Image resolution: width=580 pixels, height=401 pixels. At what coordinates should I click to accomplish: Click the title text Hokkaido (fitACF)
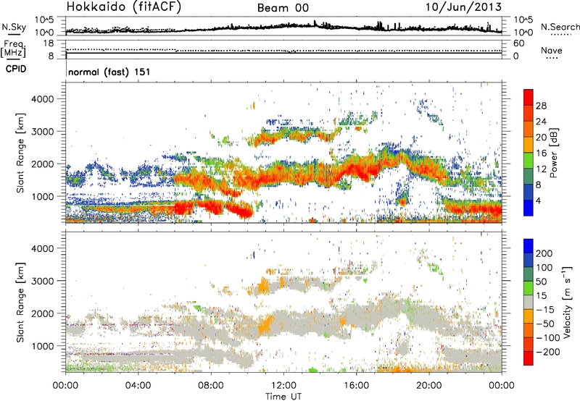(114, 7)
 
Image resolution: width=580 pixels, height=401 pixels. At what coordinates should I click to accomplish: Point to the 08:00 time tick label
(211, 384)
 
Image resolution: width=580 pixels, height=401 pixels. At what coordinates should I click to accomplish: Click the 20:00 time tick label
(429, 384)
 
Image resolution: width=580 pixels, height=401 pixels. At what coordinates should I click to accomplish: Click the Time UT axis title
(283, 395)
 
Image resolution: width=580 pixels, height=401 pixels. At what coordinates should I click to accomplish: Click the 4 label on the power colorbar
(541, 199)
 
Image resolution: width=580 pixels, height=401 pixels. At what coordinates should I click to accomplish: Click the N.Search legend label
(556, 26)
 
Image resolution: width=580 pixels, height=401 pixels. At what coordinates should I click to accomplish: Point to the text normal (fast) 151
(109, 73)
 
